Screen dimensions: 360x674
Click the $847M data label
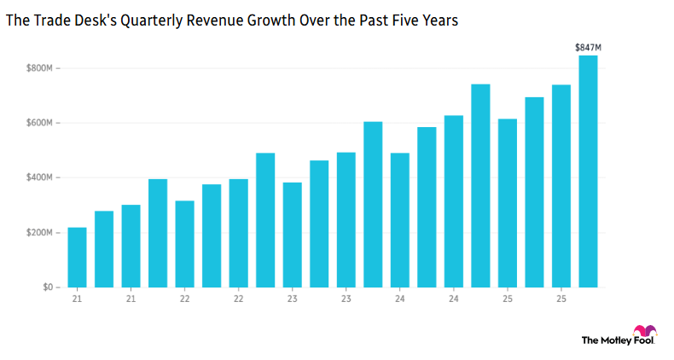click(587, 48)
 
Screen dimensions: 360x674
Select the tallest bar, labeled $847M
click(588, 171)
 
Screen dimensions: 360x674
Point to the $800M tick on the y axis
click(38, 68)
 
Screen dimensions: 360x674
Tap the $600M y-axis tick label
click(38, 123)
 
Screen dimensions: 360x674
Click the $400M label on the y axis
click(38, 177)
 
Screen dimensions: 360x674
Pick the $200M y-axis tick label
click(38, 233)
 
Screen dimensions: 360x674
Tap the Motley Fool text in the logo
click(607, 340)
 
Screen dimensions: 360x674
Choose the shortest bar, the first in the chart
click(77, 257)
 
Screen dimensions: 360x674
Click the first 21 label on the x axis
click(77, 299)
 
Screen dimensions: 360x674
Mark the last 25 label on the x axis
click(561, 299)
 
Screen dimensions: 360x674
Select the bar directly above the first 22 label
click(184, 244)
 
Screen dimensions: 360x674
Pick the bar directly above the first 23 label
click(292, 235)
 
